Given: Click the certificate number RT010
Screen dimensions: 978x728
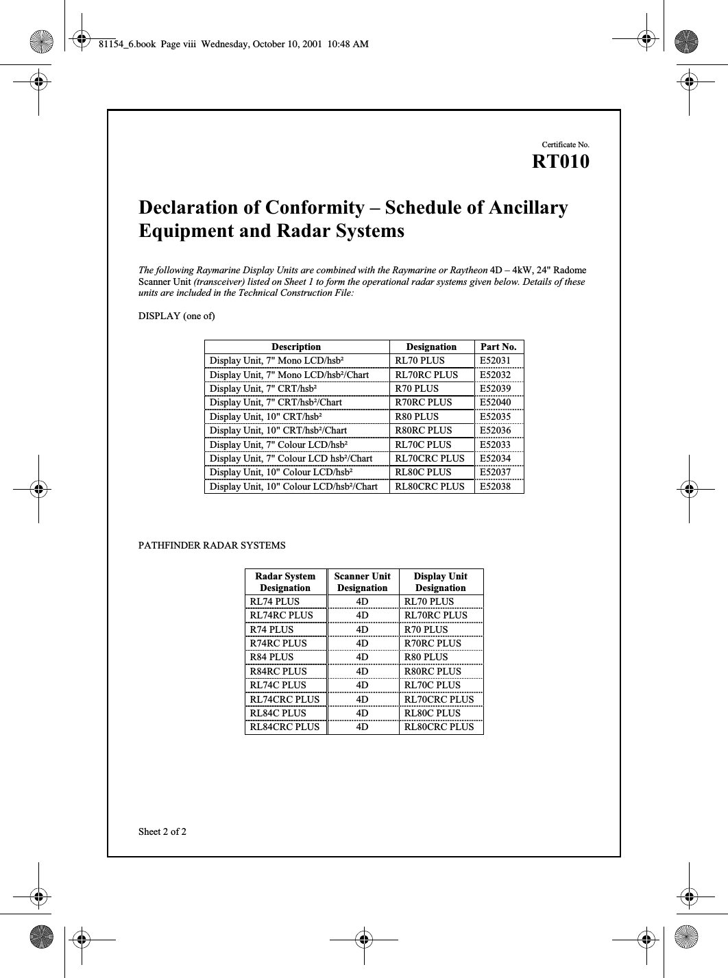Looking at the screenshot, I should coord(560,162).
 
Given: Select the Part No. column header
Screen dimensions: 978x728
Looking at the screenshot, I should coord(498,347).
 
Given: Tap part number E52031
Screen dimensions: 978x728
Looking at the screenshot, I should coord(495,360).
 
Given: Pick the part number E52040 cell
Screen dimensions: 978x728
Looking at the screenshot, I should coord(495,402).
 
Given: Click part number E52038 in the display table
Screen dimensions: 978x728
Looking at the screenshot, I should coord(495,486).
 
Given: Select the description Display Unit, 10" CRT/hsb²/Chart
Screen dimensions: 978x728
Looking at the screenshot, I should coord(278,430).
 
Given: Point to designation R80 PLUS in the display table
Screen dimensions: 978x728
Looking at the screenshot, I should coord(417,416).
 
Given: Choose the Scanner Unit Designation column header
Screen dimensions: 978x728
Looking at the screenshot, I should coord(362,581).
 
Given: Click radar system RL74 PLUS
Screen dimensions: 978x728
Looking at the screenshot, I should coord(274,601).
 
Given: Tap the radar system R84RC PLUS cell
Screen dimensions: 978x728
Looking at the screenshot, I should coord(278,671).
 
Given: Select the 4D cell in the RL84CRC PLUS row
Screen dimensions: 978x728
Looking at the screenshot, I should coord(362,727).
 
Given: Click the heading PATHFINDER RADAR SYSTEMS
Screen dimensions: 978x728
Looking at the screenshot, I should coord(212,546).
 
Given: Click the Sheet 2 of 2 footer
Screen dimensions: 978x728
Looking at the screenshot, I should coord(162,832).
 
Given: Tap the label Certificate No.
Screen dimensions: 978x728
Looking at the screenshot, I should coord(565,145).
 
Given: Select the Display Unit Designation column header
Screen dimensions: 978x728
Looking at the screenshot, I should coord(441,581).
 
